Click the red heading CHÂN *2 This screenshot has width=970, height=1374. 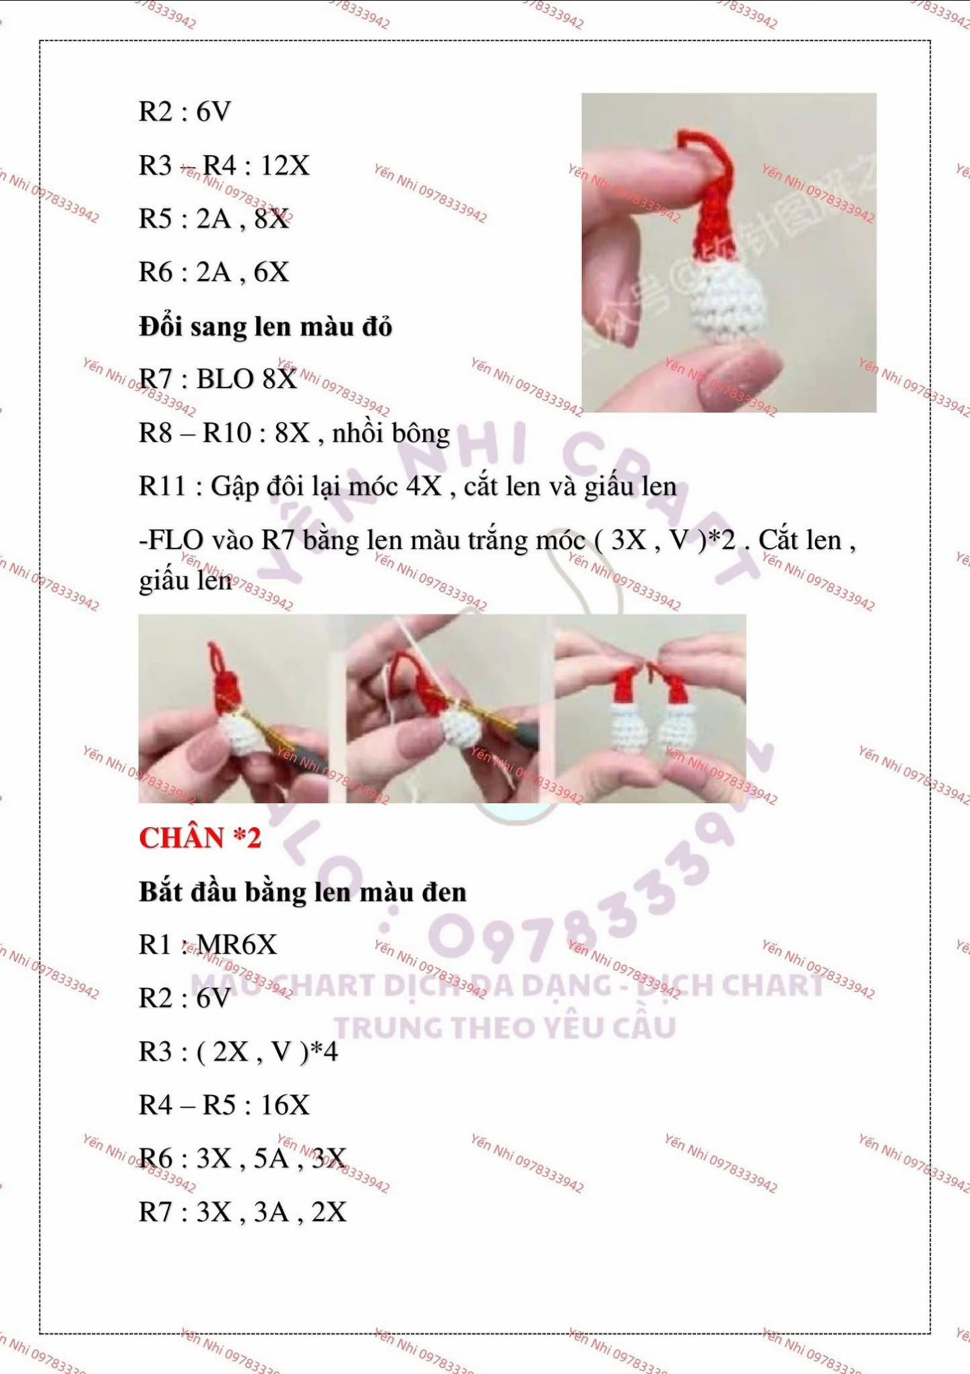[x=199, y=838]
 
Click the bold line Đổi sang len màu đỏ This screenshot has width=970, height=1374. [x=265, y=327]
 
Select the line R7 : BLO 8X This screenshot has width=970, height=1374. [x=218, y=379]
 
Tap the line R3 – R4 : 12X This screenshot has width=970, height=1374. [x=224, y=166]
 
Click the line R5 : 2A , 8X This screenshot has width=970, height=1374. [x=214, y=219]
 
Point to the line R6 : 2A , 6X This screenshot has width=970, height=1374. [x=214, y=272]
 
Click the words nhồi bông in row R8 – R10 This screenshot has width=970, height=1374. [x=391, y=433]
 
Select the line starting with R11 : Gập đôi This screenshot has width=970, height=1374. [x=407, y=487]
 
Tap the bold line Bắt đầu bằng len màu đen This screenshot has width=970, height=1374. [x=302, y=892]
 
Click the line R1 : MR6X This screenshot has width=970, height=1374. [x=207, y=945]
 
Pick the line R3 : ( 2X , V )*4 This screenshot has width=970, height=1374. [x=238, y=1052]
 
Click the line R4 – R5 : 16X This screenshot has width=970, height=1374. [x=224, y=1105]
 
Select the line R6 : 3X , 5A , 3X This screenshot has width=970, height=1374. [x=243, y=1159]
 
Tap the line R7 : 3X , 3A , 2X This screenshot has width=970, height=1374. [x=243, y=1212]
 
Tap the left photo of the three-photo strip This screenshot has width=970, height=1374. [x=232, y=709]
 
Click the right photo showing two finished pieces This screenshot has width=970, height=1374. [x=650, y=709]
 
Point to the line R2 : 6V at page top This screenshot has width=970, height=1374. [x=185, y=112]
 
